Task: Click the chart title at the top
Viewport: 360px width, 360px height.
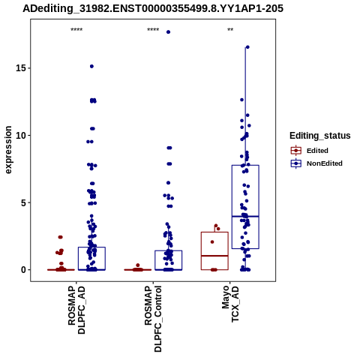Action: point(153,8)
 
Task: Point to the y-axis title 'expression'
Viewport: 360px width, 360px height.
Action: point(8,150)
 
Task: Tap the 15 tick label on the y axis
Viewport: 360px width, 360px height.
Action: point(21,68)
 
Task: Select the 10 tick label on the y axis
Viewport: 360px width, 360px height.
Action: point(21,135)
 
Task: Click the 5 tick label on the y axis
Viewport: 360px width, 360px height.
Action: point(24,202)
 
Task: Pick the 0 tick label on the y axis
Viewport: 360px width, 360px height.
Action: point(24,270)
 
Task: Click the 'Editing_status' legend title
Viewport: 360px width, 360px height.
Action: point(320,136)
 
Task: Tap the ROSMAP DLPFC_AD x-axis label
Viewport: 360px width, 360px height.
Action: point(76,310)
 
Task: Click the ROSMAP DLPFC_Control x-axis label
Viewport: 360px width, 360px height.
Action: point(153,319)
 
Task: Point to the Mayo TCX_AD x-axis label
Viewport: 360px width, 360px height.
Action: point(230,304)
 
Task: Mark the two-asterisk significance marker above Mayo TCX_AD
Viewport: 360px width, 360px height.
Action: point(230,30)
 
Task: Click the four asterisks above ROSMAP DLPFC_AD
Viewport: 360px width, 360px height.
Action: point(76,30)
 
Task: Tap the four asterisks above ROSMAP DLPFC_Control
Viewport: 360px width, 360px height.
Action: point(153,30)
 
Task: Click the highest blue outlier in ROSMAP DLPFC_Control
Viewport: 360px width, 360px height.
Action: point(168,32)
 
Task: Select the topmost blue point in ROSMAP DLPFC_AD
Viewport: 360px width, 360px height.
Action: point(91,66)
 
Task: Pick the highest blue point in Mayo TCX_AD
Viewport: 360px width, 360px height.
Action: point(247,47)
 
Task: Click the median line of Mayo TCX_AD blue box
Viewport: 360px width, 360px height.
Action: point(245,216)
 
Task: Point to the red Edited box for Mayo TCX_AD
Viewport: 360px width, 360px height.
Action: point(214,232)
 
